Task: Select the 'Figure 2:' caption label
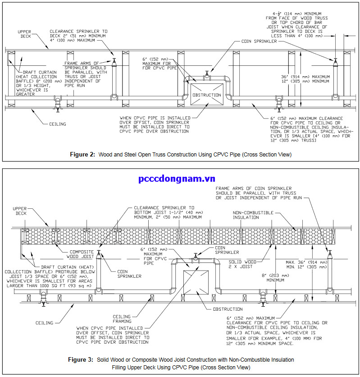82,155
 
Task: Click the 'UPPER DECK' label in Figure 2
25,34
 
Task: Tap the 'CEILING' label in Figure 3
44,322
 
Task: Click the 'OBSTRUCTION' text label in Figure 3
228,309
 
